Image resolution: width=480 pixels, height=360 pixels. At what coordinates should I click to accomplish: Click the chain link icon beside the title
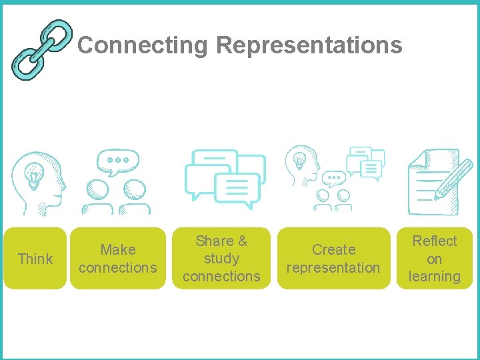pos(41,48)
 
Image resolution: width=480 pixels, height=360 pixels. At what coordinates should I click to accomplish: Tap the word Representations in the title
pos(309,45)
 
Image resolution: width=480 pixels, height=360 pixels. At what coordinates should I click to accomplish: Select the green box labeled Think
pos(35,259)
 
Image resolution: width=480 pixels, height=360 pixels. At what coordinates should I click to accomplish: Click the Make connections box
pos(118,259)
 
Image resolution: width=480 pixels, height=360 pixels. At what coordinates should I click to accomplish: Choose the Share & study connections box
pos(221,259)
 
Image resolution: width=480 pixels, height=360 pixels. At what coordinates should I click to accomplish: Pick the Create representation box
pos(333,259)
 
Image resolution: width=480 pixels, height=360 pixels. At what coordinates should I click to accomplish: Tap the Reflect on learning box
pos(434,259)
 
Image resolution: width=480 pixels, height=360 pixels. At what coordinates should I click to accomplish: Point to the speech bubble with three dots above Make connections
pos(118,161)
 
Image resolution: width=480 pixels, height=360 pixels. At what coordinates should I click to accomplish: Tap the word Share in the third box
pos(214,241)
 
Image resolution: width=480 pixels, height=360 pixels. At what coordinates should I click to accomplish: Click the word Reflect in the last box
pos(434,241)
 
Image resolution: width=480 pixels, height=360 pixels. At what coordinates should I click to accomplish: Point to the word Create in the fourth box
pos(333,250)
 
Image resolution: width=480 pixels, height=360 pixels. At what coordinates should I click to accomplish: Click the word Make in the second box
pos(118,250)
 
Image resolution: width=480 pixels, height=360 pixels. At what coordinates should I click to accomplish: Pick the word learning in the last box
pos(434,277)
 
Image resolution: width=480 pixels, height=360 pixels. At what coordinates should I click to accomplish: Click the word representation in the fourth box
pos(333,268)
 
